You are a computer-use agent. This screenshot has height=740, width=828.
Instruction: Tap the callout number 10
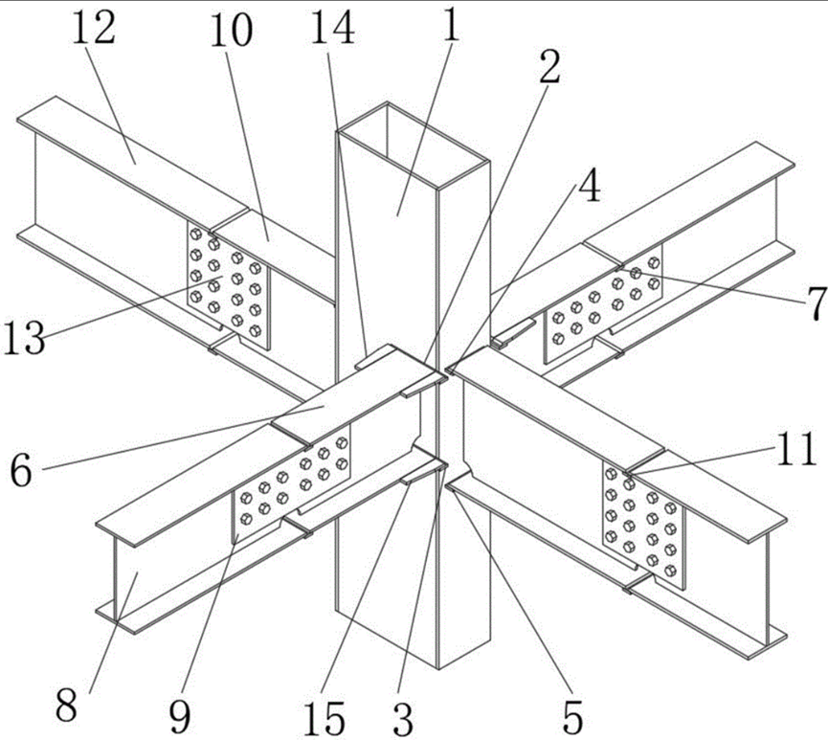click(x=232, y=30)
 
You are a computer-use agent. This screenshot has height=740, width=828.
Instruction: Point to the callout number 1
click(x=451, y=25)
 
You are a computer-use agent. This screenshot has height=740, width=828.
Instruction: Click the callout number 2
click(x=549, y=67)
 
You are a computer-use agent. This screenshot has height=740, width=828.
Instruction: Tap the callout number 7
click(x=816, y=304)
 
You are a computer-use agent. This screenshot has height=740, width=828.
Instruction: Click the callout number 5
click(x=572, y=717)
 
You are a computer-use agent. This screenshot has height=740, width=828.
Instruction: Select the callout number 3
click(x=403, y=719)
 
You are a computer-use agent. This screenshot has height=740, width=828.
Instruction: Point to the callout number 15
click(x=324, y=719)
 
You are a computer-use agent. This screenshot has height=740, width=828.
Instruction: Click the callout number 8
click(x=67, y=706)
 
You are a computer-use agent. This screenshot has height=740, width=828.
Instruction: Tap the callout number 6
click(x=22, y=472)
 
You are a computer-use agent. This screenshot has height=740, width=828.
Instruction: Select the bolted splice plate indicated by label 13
click(x=228, y=284)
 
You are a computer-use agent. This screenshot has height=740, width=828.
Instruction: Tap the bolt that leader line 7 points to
click(x=636, y=273)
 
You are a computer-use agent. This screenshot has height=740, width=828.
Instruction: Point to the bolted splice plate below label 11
click(x=643, y=527)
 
